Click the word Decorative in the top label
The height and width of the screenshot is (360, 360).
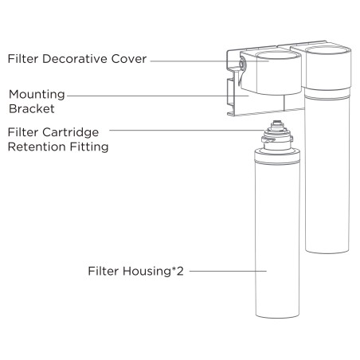tap(75, 59)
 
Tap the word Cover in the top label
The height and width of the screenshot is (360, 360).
tap(129, 59)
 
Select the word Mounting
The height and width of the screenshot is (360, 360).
tap(37, 95)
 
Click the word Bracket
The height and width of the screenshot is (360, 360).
tap(32, 109)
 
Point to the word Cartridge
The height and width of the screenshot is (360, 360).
tap(70, 132)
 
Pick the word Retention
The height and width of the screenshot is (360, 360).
tap(37, 147)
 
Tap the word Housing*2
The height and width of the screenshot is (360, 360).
tap(153, 272)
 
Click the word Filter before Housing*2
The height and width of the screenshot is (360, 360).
tap(104, 272)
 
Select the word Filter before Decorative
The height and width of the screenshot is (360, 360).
tap(23, 59)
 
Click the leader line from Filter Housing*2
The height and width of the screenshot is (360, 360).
tap(228, 271)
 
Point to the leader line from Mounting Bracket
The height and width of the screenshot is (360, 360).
tap(158, 96)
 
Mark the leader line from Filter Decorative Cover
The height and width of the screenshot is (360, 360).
tap(209, 61)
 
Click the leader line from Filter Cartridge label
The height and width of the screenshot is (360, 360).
tap(187, 130)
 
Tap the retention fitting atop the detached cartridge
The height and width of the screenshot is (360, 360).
tap(277, 135)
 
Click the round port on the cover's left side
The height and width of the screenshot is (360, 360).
tap(242, 64)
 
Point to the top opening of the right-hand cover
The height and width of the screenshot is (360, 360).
tap(327, 50)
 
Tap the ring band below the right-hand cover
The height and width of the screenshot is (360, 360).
tap(327, 94)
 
